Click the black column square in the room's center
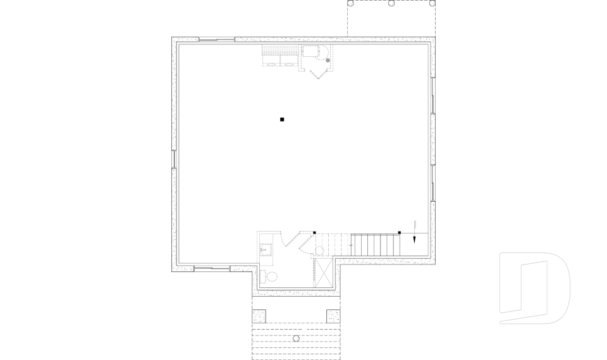(282, 119)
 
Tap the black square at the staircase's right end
(399, 233)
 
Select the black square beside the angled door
(314, 233)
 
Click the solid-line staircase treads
(376, 244)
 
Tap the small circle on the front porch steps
(296, 339)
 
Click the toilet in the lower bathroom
(272, 276)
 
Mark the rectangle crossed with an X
(324, 273)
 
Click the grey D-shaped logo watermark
(535, 288)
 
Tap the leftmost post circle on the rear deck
(350, 3)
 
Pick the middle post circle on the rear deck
(391, 3)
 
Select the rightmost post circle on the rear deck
(432, 3)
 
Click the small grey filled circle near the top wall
(328, 60)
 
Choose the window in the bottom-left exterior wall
(211, 269)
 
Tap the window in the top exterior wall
(217, 40)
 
